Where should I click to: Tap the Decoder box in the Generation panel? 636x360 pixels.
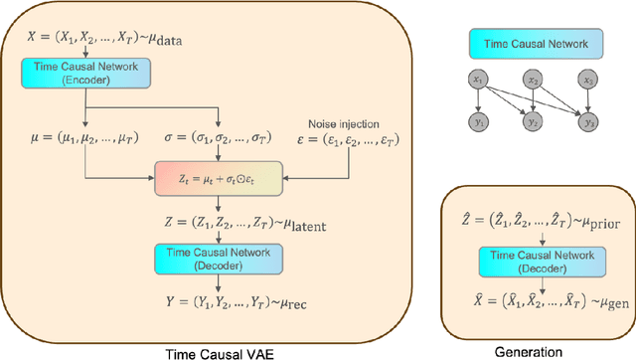(539, 261)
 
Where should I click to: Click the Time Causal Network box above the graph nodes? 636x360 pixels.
(529, 44)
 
